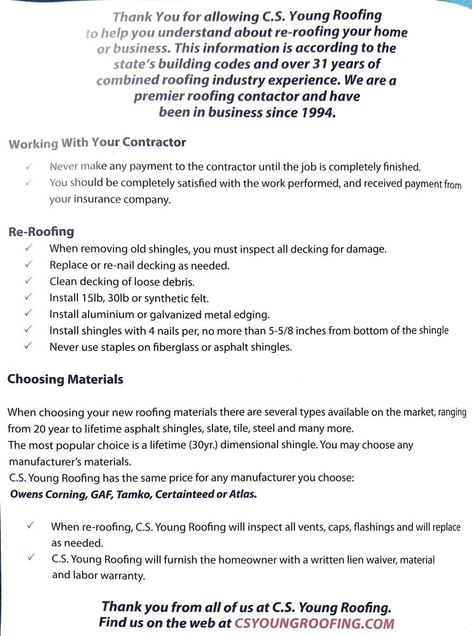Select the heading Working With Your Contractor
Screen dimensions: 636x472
click(97, 143)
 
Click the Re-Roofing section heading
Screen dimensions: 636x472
click(41, 232)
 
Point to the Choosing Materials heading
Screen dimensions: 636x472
click(65, 380)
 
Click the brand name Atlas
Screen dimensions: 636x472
click(243, 494)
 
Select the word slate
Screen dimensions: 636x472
click(246, 429)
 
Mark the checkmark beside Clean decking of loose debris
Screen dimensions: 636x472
click(29, 280)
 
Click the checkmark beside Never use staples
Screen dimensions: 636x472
click(29, 347)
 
